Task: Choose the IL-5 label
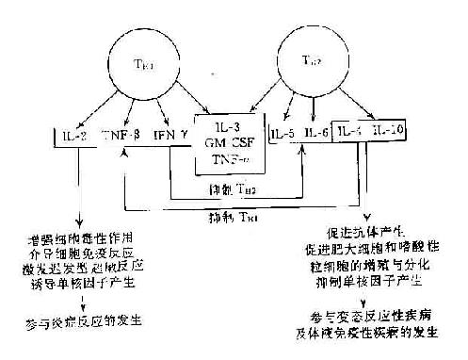point(283,135)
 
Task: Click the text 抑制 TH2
point(232,189)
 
